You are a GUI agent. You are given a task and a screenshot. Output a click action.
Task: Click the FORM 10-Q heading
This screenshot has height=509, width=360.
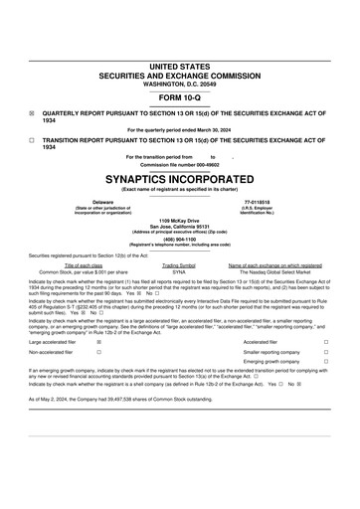179,100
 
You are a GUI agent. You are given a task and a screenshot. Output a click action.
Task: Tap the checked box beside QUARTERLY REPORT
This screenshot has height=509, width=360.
32,114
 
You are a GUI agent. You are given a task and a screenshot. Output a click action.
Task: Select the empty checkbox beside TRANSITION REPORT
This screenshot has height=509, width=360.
32,140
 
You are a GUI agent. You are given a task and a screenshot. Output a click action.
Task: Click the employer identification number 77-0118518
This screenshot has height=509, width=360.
257,201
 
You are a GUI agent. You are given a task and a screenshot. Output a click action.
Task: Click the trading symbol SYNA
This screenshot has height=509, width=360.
179,271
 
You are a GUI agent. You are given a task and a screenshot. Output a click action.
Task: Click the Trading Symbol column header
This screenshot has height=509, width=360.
179,265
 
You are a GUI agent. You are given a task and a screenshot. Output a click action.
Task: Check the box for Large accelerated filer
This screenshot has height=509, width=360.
97,341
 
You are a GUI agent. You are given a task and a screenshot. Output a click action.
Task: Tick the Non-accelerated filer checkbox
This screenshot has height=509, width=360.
97,352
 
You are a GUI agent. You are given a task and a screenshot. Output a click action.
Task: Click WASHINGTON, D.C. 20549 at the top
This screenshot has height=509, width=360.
179,84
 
